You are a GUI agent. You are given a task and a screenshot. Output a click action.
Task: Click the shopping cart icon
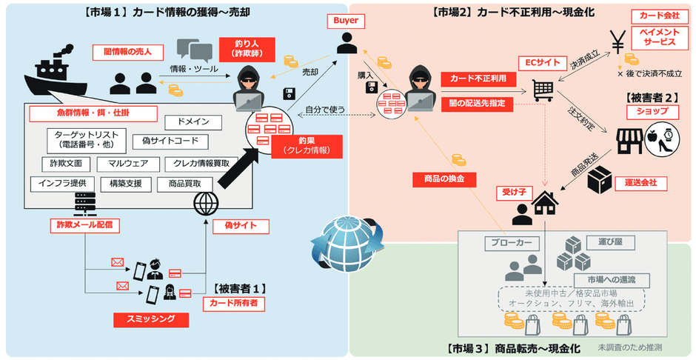[x=542, y=90]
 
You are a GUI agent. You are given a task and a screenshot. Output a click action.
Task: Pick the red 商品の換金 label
[x=445, y=179]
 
